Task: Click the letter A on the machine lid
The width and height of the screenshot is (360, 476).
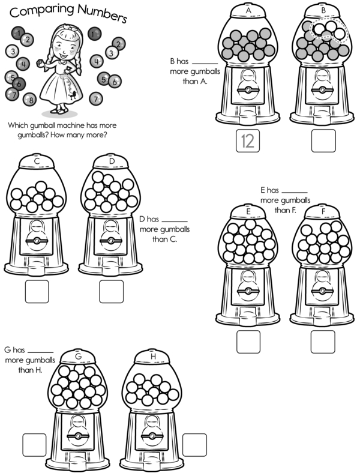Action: pos(248,10)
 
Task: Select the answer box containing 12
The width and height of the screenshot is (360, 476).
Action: pos(247,141)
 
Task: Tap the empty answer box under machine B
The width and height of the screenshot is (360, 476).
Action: pos(323,141)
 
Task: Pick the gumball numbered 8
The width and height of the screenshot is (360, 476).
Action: pos(32,100)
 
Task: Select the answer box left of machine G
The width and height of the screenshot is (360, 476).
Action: pos(34,445)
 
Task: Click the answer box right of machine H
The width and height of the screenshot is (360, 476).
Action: pos(194,445)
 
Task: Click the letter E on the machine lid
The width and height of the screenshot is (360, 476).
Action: pos(248,211)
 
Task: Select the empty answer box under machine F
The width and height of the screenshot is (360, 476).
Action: pos(323,342)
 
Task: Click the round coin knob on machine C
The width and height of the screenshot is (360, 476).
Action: pos(37,240)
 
